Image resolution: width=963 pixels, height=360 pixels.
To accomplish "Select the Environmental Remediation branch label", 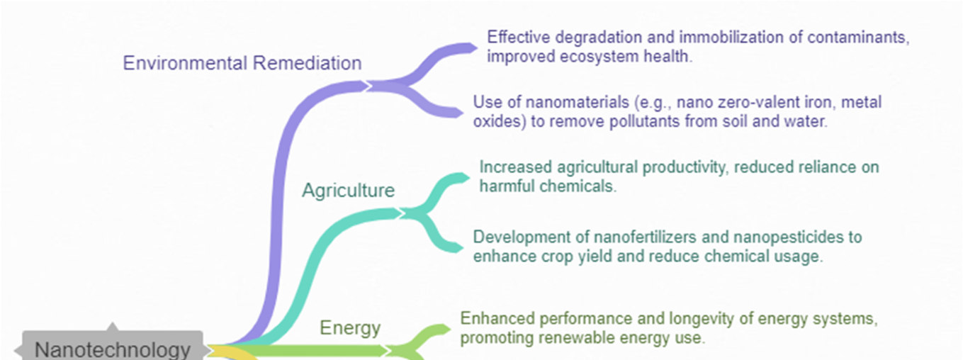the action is [x=242, y=63].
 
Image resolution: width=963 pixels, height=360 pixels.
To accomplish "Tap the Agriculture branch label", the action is [x=348, y=190].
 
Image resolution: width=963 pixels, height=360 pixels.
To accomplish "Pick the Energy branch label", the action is [x=350, y=328].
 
